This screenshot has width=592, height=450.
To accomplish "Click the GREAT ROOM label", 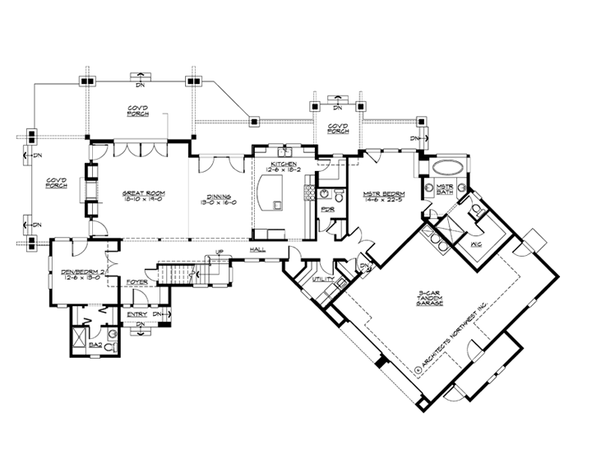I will click(140, 195).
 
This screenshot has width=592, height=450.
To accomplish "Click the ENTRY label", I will click(137, 314).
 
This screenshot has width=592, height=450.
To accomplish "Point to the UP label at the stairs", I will click(220, 252).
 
